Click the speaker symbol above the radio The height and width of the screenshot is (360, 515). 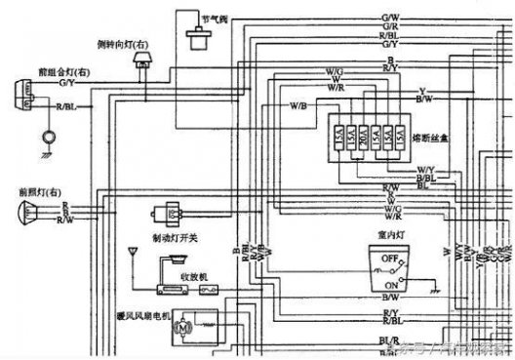coord(177,259)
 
